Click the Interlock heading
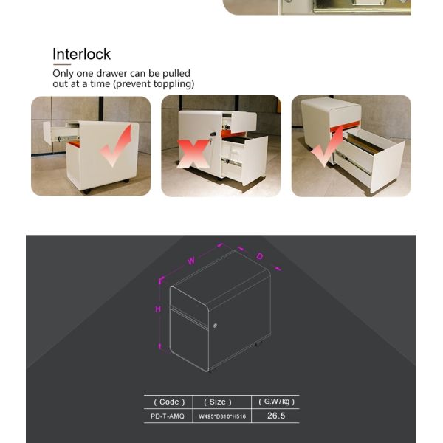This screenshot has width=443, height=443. click(81, 54)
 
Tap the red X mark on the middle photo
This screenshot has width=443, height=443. click(193, 154)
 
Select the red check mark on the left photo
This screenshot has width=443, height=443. click(116, 145)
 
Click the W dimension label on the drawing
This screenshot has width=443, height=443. click(191, 261)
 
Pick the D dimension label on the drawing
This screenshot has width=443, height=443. click(260, 256)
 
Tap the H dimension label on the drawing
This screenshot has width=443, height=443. click(158, 309)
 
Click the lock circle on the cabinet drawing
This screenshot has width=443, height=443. click(215, 326)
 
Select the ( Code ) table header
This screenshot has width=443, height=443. click(169, 402)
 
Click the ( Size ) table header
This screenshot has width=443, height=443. click(218, 402)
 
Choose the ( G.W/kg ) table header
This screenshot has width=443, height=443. click(277, 402)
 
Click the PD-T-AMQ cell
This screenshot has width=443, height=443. click(168, 416)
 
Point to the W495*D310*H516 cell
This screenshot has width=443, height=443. click(222, 416)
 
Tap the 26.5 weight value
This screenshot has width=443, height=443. click(276, 416)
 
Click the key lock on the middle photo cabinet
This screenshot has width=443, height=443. click(212, 135)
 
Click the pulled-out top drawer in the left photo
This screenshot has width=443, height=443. click(61, 133)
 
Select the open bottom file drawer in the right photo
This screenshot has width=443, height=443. click(367, 157)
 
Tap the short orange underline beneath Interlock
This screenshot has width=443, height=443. click(61, 64)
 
